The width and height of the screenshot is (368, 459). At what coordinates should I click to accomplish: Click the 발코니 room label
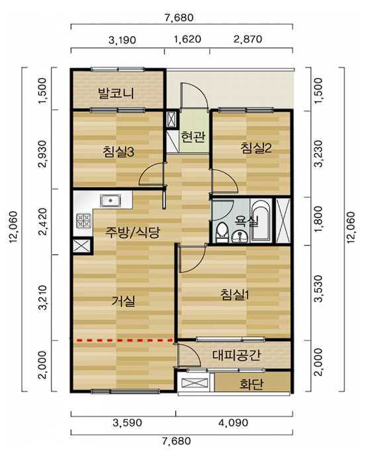pos(116,93)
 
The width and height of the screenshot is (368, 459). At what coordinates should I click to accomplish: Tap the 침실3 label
pos(118,152)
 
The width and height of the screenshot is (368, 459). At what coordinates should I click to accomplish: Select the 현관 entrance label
pos(193,136)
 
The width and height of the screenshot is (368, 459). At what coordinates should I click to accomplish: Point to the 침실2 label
pos(256,148)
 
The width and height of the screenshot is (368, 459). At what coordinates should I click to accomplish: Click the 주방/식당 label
pos(132,232)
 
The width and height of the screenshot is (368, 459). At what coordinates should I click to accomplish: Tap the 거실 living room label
pos(124,301)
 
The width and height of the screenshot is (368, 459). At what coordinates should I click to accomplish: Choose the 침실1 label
pos(235,294)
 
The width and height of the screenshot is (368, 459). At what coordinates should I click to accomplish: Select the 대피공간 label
pos(236,355)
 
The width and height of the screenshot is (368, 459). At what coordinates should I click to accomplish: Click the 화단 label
pos(251,384)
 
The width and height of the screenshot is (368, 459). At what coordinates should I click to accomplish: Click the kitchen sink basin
pos(111,201)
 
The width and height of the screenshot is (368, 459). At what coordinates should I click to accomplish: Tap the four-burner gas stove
pos(83,221)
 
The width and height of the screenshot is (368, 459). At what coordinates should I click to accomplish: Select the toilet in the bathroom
pos(222,232)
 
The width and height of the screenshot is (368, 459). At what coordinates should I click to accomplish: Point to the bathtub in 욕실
pos(260,221)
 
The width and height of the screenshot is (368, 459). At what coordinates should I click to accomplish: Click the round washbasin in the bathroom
pos(240,237)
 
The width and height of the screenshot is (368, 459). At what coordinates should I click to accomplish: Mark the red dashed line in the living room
pos(125,340)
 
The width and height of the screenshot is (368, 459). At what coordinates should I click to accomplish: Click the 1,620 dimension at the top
pos(187,39)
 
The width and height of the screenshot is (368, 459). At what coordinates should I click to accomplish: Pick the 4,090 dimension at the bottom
pos(234,423)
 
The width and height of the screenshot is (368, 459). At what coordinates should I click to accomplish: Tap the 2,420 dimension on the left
pos(42,222)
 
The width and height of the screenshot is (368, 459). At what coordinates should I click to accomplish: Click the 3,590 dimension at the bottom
pos(127,423)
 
